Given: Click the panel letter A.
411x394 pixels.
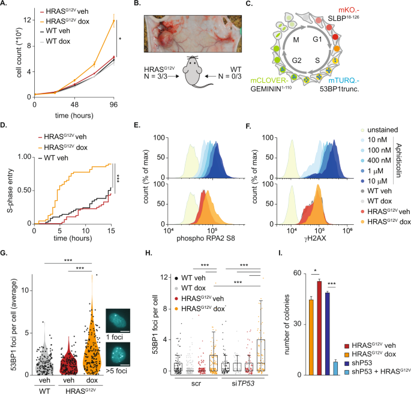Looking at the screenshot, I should (6, 5).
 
